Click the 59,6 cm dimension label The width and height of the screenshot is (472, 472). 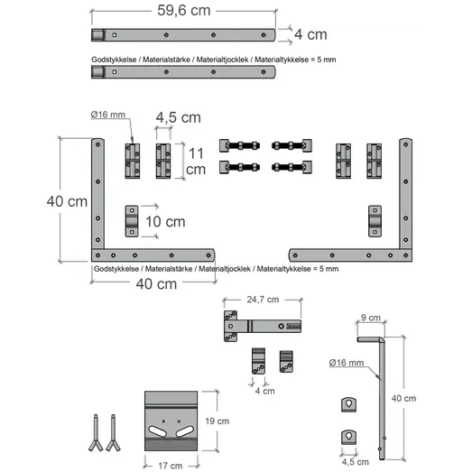point(183,11)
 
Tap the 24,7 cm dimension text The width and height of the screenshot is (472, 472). point(263,300)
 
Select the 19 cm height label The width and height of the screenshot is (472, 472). point(217,421)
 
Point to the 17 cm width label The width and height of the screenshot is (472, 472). point(171,466)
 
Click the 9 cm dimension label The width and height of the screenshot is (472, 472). point(371,318)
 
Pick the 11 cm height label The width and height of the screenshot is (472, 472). point(196,162)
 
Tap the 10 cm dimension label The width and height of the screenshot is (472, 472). point(165,222)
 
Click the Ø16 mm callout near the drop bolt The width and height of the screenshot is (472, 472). point(347,363)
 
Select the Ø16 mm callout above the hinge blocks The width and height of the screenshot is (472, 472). point(107,115)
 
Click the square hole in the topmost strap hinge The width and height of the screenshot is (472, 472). point(115,35)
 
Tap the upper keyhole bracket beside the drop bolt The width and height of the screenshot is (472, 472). point(349,404)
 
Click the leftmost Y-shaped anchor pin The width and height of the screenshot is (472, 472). point(96,432)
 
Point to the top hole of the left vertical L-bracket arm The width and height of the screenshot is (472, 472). point(97,144)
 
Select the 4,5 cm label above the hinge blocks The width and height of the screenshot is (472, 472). point(178,117)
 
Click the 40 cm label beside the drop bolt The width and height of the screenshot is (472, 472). point(403,398)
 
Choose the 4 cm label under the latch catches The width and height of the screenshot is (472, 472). point(265,391)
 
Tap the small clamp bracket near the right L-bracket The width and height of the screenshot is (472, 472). point(375,221)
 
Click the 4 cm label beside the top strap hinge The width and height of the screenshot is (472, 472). point(310,34)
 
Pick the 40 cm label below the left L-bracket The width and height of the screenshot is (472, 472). point(156,284)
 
